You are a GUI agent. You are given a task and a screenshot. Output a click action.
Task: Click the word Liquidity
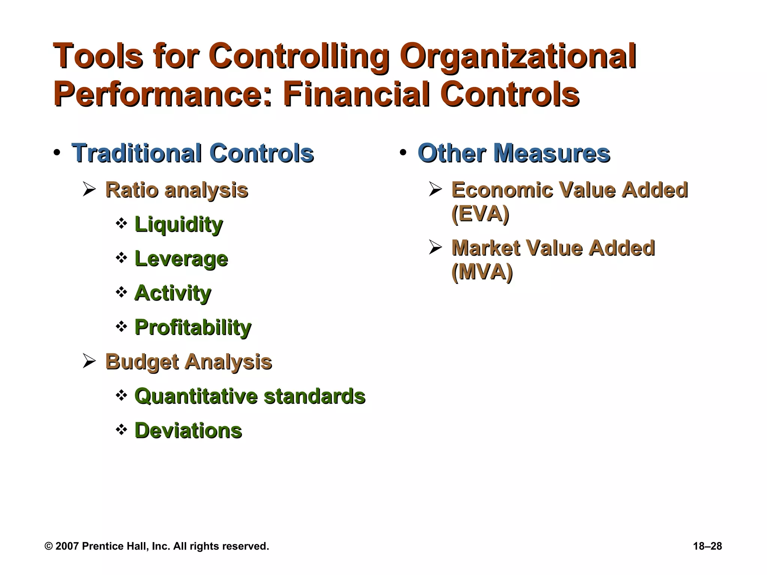(179, 225)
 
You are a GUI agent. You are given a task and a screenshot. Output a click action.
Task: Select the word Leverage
(181, 259)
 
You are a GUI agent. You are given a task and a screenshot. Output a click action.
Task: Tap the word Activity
(173, 293)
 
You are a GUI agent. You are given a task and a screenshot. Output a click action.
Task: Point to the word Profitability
(193, 328)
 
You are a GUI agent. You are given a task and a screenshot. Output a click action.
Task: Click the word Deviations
(188, 431)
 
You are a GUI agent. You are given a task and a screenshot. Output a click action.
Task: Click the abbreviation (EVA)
(480, 214)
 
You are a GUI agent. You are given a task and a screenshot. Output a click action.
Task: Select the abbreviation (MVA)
(482, 272)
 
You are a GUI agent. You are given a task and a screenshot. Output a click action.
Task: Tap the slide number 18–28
(707, 546)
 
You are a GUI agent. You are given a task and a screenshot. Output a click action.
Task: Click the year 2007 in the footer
(67, 546)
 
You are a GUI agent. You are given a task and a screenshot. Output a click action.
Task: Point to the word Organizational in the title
(518, 56)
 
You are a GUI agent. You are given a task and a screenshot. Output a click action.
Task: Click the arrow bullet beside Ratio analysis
(89, 189)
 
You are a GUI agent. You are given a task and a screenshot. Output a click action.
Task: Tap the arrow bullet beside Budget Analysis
(89, 362)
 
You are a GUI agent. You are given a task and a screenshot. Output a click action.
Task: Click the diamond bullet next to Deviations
(121, 429)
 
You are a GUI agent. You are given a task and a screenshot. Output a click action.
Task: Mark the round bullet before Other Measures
(403, 153)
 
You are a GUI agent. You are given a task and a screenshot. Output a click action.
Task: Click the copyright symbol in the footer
(48, 546)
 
